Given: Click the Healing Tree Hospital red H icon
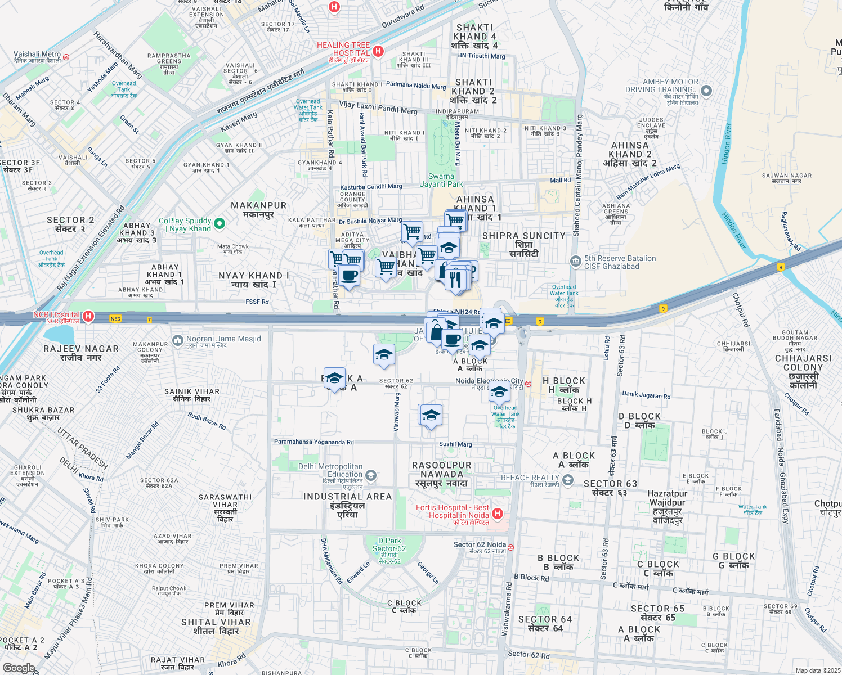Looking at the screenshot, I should pos(378,51).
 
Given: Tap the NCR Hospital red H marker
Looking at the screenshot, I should pos(88,317).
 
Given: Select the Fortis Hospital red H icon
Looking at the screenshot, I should pos(497,514).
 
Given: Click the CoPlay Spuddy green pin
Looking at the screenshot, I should pos(220,224).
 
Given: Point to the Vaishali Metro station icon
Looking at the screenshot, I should pos(66,57).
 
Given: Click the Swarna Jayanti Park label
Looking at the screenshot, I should pos(441,180).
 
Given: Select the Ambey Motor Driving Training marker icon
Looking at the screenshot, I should pos(707,91).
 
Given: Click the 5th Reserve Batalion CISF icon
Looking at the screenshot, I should pos(575,261).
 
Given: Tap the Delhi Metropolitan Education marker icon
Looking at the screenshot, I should pos(370,475).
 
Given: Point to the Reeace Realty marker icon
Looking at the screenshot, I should pos(567,479).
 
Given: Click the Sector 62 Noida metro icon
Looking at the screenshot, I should pos(510,547).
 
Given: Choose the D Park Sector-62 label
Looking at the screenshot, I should pos(389,544).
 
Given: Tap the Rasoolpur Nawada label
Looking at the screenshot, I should pos(441,474).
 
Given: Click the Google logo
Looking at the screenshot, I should pos(18,668).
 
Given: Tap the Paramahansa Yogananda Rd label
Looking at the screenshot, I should pos(313,442).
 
